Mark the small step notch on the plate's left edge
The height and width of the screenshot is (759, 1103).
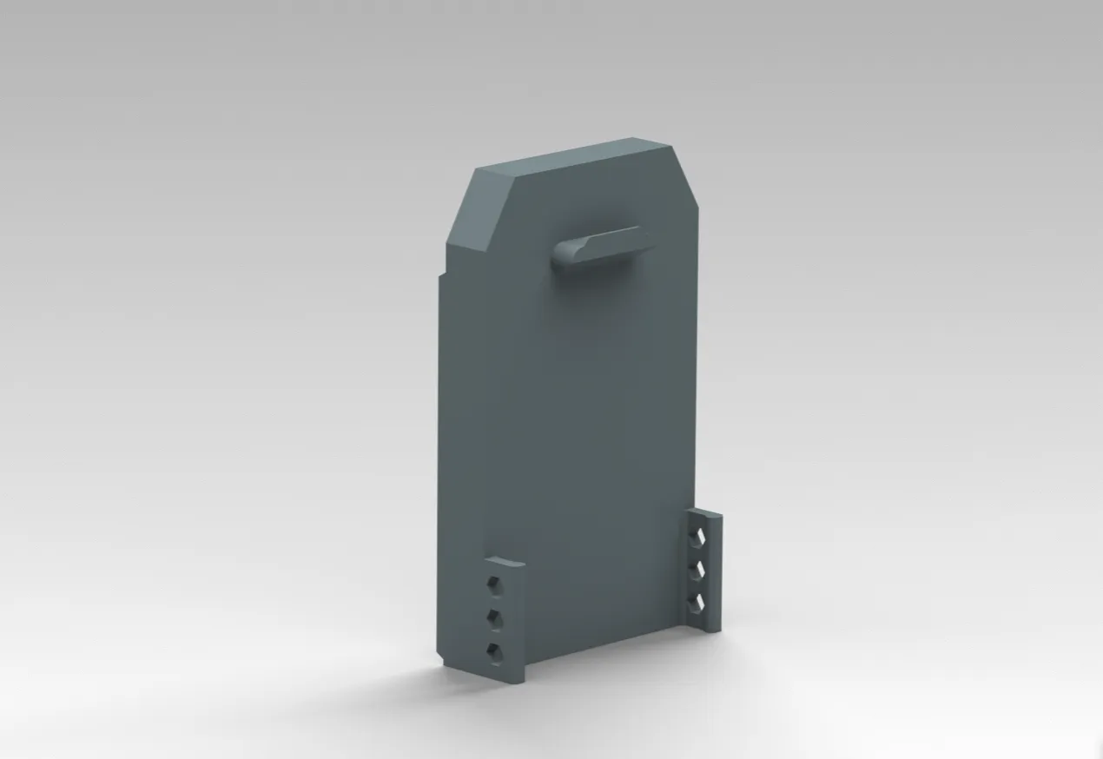442,276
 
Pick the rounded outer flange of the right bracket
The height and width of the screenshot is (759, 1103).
716,569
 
